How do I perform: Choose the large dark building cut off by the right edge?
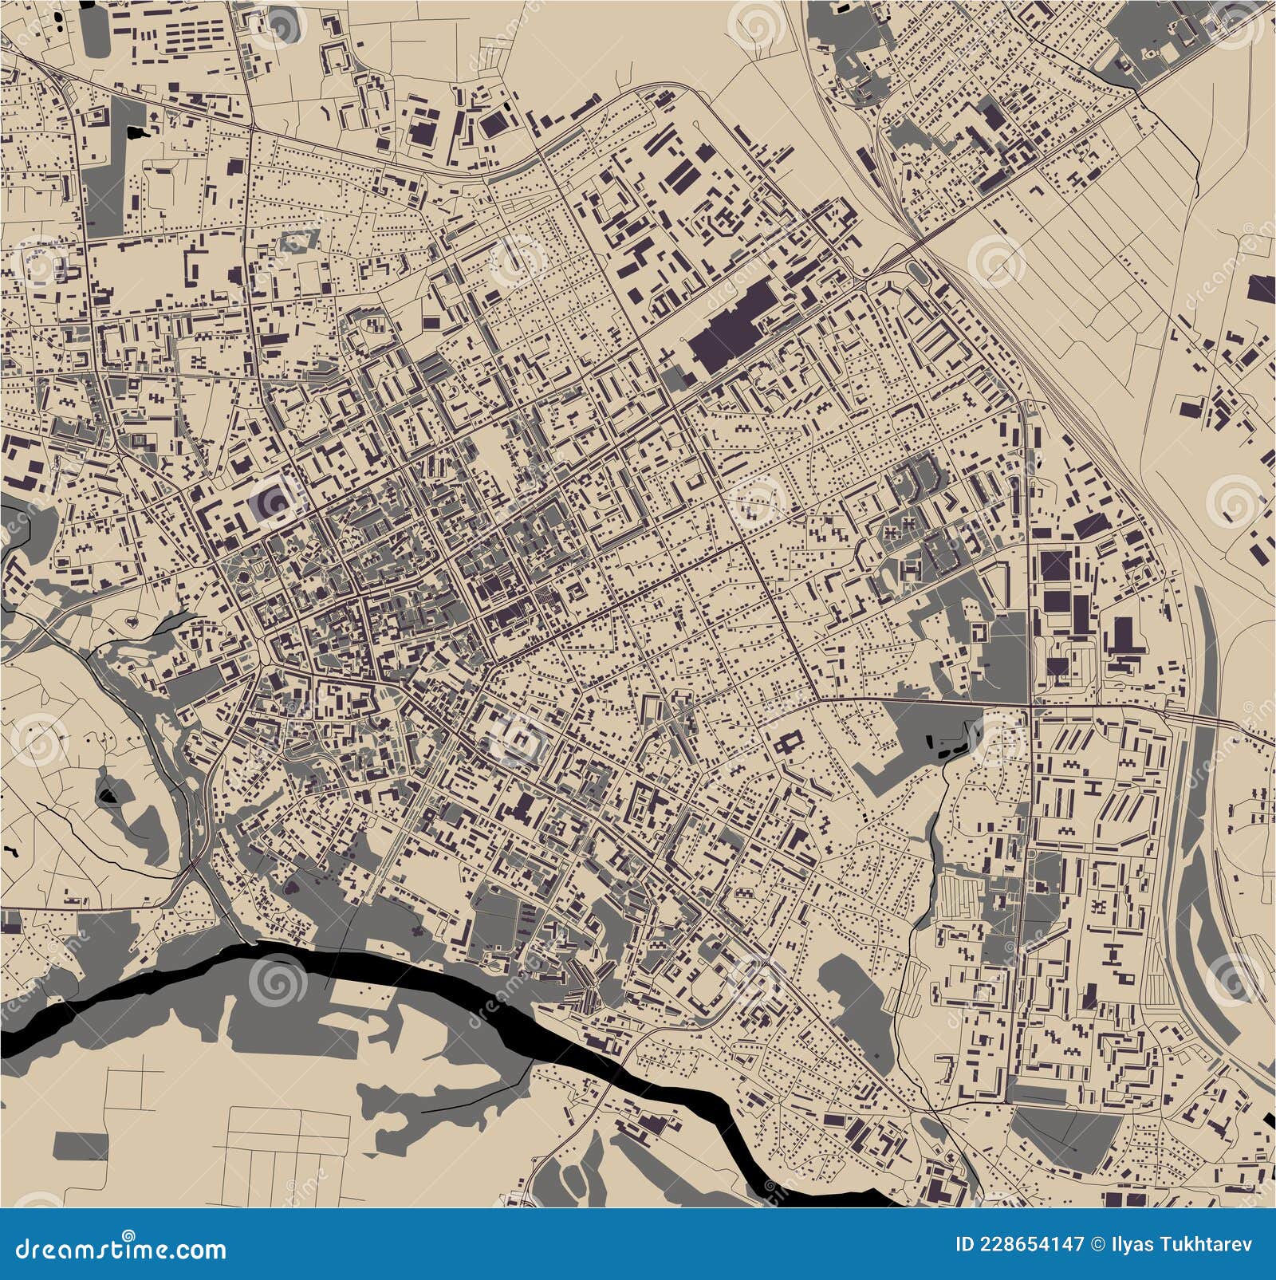(x=1262, y=286)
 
